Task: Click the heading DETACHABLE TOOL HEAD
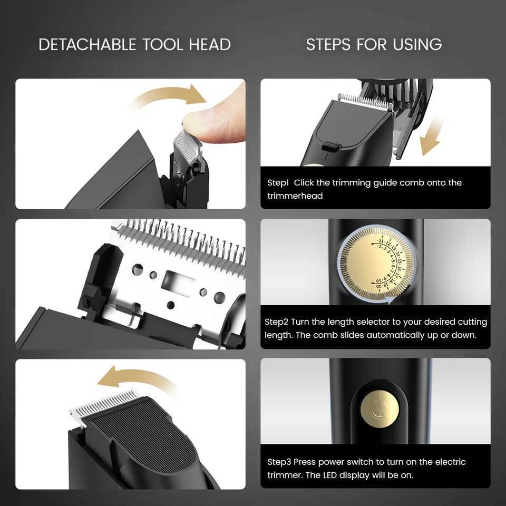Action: [x=134, y=44]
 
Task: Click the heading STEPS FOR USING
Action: [x=374, y=44]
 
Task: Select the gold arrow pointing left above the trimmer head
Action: [x=134, y=379]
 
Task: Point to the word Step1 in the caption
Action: [x=278, y=183]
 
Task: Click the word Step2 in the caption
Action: [x=277, y=322]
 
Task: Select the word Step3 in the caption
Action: [x=279, y=462]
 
